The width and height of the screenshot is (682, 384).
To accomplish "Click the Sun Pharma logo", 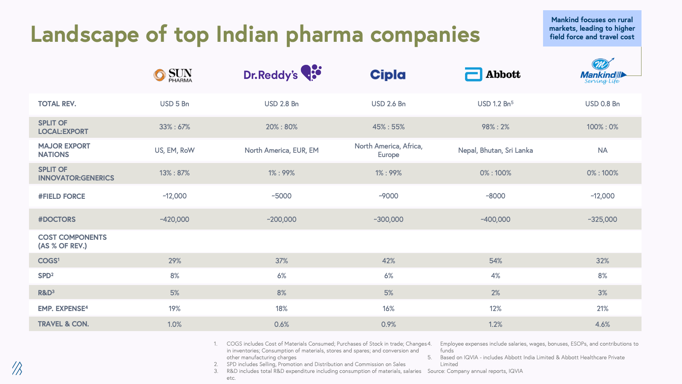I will (x=173, y=75).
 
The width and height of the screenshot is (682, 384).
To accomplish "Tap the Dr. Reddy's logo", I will (x=282, y=73).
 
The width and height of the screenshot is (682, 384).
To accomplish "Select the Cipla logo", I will (x=388, y=75).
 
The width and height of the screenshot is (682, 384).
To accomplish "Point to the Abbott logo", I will (x=492, y=74).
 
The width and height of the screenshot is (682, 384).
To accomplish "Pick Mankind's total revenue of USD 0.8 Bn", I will (x=602, y=104).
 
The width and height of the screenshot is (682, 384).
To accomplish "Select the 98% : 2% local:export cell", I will (x=495, y=127).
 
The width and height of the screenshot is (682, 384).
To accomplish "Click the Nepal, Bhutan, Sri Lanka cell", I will (x=495, y=150).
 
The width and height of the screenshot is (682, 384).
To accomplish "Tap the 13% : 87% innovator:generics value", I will (x=174, y=173).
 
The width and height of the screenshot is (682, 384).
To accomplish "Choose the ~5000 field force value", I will (x=281, y=196).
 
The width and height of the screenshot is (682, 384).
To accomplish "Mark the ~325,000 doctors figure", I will (x=602, y=219).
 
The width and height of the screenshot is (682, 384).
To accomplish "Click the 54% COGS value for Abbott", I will (x=495, y=261).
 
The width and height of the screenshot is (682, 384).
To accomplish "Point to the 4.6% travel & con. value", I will (x=602, y=324).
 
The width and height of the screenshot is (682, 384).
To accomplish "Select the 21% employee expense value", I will (x=602, y=308).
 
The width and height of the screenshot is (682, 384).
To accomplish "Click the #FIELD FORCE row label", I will (x=61, y=196).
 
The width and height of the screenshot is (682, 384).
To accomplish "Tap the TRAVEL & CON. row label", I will (x=64, y=324).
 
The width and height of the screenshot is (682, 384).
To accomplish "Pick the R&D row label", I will (x=46, y=293).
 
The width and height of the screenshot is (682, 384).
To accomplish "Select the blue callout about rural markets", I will (x=592, y=28).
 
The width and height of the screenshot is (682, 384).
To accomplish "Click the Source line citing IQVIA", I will (x=475, y=371).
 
